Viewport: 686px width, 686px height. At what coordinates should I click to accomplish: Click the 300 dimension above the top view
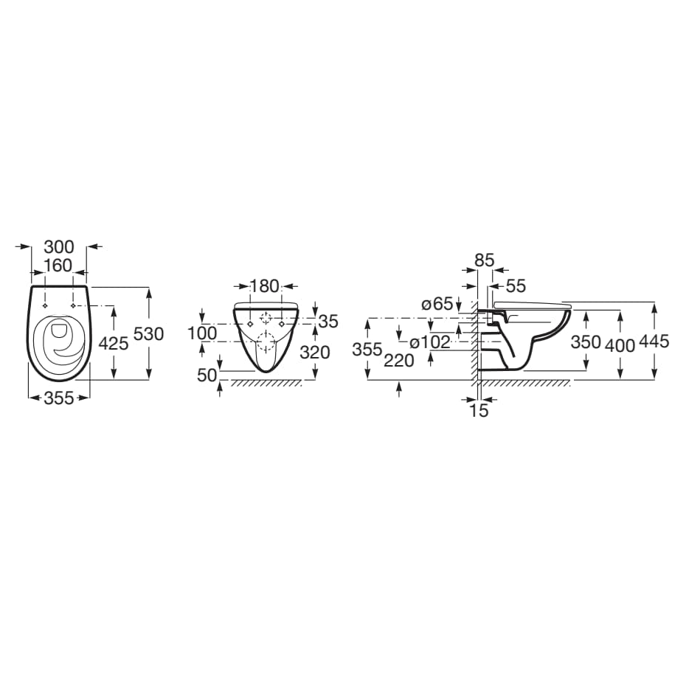pos(59,247)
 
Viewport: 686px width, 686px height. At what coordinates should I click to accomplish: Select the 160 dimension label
pos(58,266)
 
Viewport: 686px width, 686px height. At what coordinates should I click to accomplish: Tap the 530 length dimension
pos(148,334)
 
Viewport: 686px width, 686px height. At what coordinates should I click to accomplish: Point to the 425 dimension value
pos(114,344)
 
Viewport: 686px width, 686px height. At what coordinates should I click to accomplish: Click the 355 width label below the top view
pos(59,398)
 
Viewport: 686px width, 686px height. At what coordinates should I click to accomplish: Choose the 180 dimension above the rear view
pos(264,286)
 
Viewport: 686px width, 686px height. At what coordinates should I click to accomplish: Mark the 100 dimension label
pos(202,333)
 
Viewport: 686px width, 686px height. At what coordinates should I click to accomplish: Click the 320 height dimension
pos(314,352)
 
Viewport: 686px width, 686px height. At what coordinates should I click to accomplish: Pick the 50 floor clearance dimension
pos(207,375)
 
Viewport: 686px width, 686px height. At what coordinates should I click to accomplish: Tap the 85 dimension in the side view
pos(485,260)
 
